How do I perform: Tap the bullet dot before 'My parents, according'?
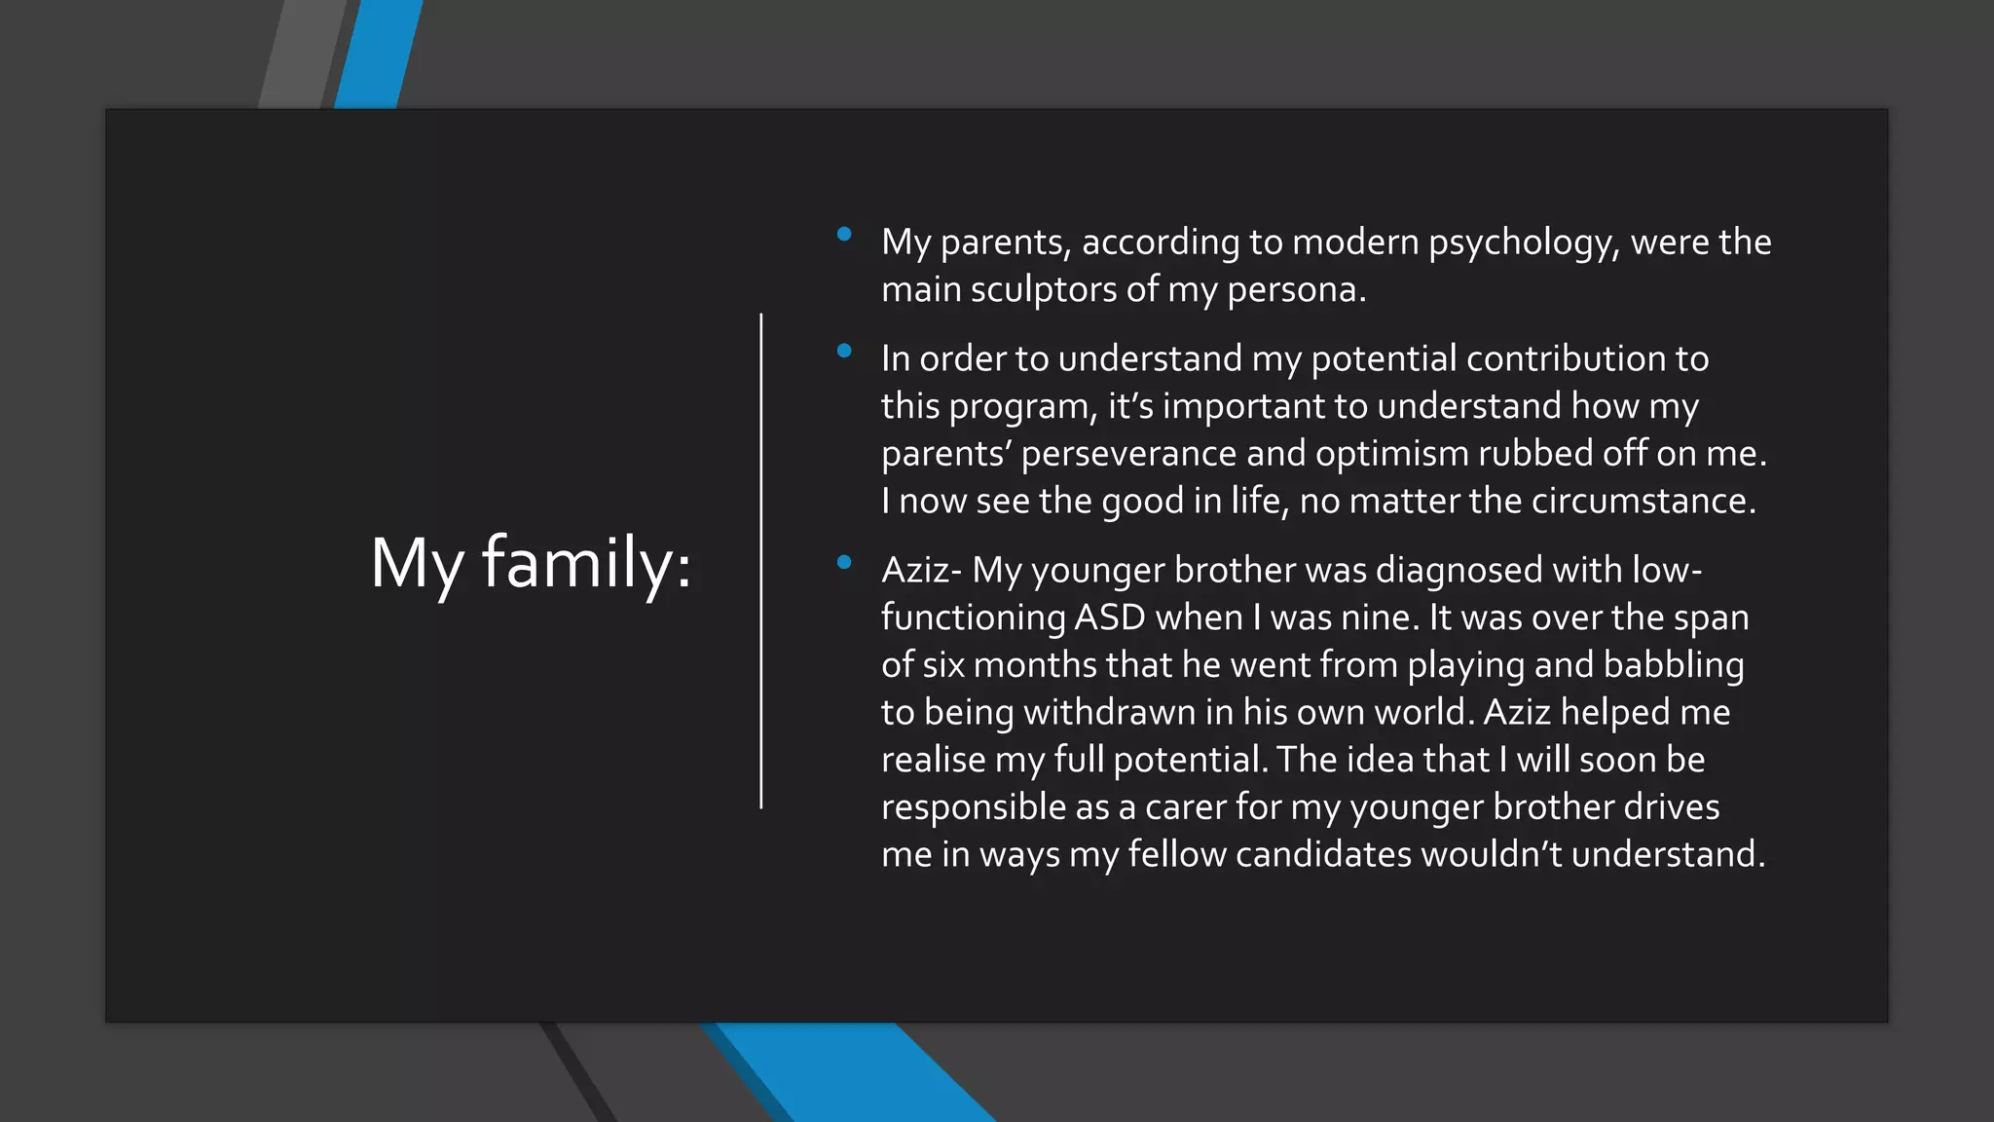click(x=844, y=234)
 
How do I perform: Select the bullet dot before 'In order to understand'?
click(x=844, y=351)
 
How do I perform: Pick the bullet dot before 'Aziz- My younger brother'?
click(x=844, y=562)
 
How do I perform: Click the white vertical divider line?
click(x=761, y=561)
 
